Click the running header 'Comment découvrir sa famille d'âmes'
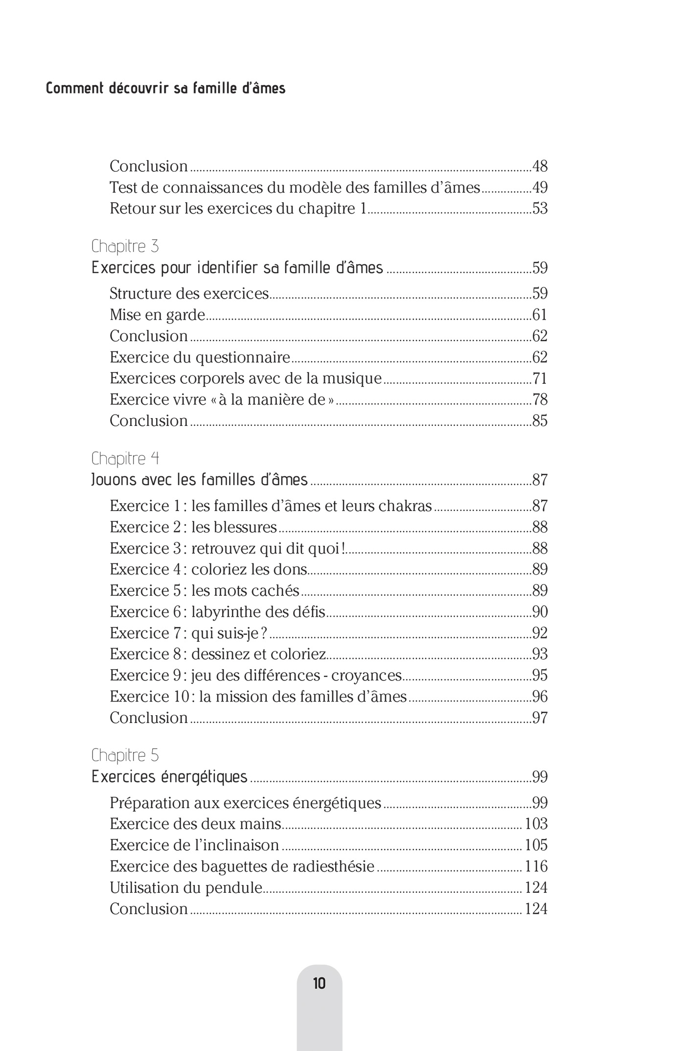click(165, 89)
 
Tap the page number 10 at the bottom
click(319, 983)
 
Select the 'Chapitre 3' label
click(125, 246)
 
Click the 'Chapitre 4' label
click(125, 458)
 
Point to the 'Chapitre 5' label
click(125, 755)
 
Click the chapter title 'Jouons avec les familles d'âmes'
click(200, 479)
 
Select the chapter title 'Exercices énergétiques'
click(169, 777)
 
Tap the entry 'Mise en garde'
click(157, 315)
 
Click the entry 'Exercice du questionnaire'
click(200, 357)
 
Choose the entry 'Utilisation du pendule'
click(186, 888)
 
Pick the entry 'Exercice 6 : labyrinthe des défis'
click(217, 612)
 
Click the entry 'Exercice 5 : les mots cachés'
click(204, 591)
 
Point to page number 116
click(536, 866)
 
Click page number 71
click(540, 378)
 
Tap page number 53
click(540, 209)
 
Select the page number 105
click(536, 845)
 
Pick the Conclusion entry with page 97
click(149, 718)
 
